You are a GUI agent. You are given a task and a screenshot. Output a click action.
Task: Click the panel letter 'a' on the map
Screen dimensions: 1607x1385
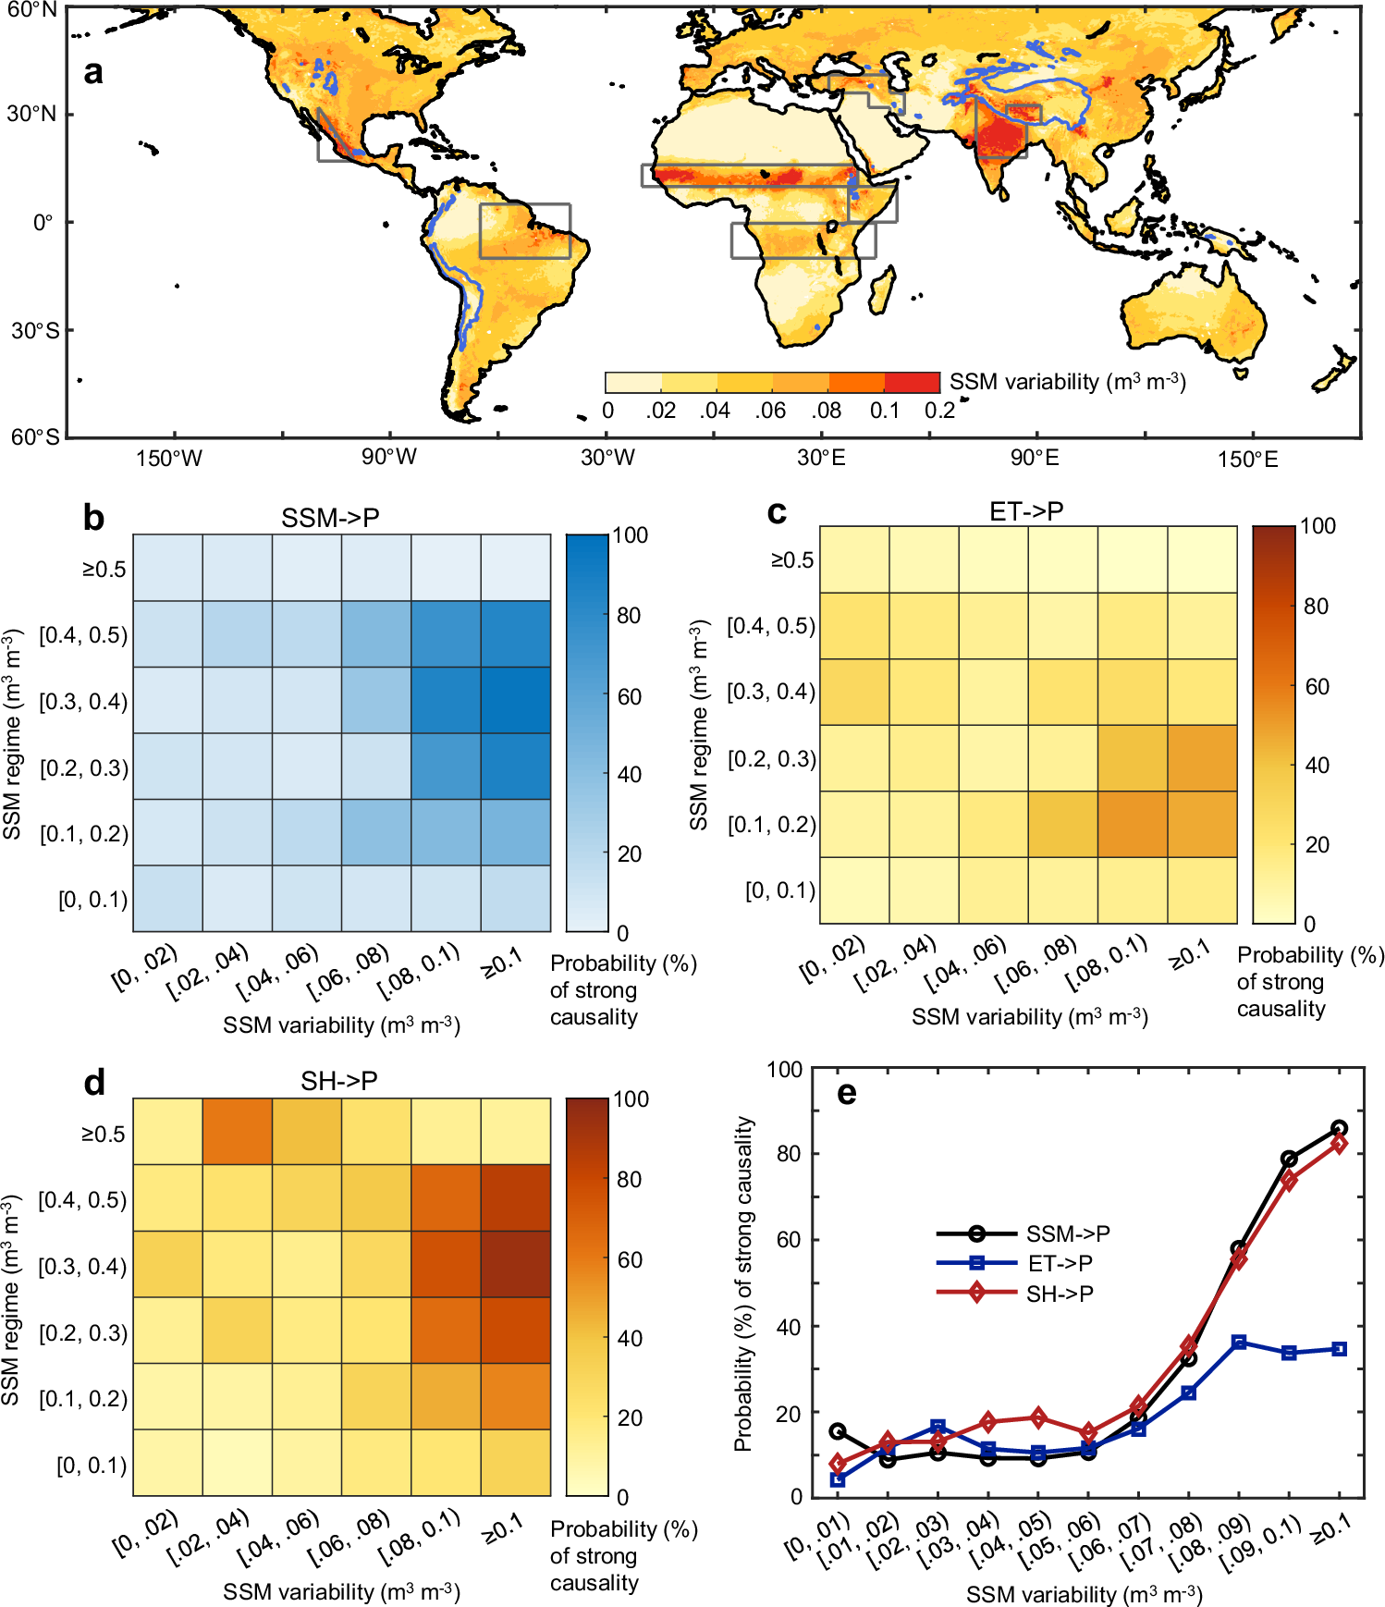[x=92, y=72]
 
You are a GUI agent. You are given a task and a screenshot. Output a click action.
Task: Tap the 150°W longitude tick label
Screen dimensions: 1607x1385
[x=168, y=459]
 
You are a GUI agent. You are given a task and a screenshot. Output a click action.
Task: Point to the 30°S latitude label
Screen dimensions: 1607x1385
[x=34, y=331]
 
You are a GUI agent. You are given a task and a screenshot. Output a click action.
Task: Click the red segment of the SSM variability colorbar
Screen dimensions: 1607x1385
[x=912, y=382]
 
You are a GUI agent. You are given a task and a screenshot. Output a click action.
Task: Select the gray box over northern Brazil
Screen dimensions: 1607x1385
[x=524, y=230]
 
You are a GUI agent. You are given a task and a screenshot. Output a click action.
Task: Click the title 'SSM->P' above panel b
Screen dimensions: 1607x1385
[x=330, y=518]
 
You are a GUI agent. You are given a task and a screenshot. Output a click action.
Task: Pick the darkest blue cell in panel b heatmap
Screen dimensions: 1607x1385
[x=515, y=701]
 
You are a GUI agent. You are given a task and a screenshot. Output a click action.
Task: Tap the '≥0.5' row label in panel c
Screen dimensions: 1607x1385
[x=792, y=560]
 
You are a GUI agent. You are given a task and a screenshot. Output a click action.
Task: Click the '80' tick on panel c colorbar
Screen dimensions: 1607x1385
[x=1316, y=607]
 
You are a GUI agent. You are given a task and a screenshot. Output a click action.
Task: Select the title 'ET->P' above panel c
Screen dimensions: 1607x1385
[x=1025, y=511]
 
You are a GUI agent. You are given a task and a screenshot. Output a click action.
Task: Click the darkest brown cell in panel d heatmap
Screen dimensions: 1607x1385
[x=515, y=1264]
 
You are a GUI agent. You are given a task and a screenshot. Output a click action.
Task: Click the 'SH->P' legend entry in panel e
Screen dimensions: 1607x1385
[x=1060, y=1294]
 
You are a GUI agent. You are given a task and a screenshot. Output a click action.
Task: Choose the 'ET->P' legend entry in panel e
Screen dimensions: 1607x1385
[x=1060, y=1263]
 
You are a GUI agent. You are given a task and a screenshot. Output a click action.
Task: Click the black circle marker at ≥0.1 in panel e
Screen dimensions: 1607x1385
[x=1339, y=1128]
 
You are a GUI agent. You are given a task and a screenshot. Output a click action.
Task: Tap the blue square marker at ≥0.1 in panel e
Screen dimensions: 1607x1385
[x=1339, y=1349]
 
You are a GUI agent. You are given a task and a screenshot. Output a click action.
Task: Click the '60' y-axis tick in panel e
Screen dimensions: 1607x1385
[x=788, y=1240]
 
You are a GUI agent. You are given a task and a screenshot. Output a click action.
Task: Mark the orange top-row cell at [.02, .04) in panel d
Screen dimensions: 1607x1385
[x=237, y=1132]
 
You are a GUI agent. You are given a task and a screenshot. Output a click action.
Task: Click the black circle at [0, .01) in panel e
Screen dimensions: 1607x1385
[x=838, y=1431]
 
